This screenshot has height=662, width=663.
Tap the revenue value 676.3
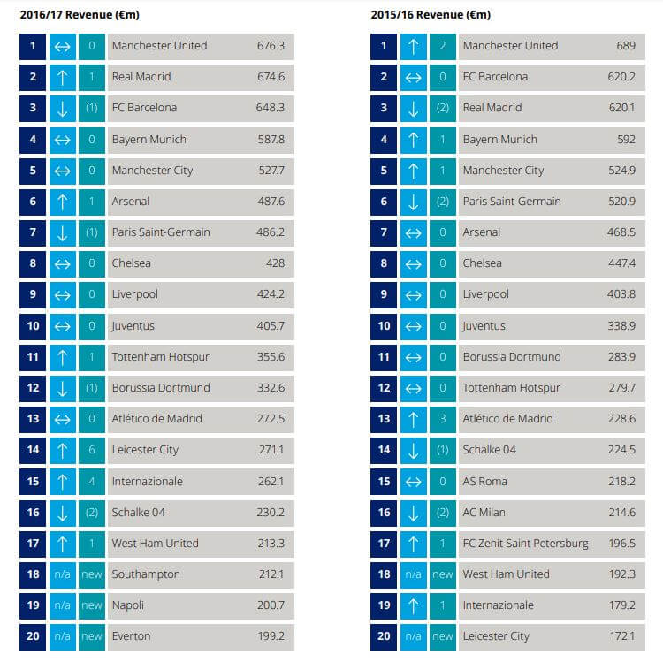pyautogui.click(x=270, y=46)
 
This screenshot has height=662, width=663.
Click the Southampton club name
pyautogui.click(x=146, y=574)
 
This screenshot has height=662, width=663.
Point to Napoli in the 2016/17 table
pyautogui.click(x=128, y=605)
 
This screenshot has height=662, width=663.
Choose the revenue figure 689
pyautogui.click(x=625, y=46)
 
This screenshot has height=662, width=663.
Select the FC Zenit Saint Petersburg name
pyautogui.click(x=525, y=544)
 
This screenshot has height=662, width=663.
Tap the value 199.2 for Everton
pyautogui.click(x=270, y=636)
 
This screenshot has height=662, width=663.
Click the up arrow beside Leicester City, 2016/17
pyautogui.click(x=61, y=450)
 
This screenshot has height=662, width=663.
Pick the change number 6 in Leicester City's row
pyautogui.click(x=91, y=450)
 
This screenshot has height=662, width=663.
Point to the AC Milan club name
pyautogui.click(x=487, y=513)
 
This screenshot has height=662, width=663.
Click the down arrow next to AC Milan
pyautogui.click(x=412, y=513)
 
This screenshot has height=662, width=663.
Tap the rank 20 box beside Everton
pyautogui.click(x=33, y=636)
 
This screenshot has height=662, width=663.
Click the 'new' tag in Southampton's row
pyautogui.click(x=91, y=574)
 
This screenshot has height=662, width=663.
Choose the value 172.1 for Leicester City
pyautogui.click(x=621, y=636)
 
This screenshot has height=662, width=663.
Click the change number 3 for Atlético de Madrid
pyautogui.click(x=442, y=419)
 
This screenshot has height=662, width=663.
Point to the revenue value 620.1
pyautogui.click(x=621, y=108)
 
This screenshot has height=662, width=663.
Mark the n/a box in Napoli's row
pyautogui.click(x=61, y=605)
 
